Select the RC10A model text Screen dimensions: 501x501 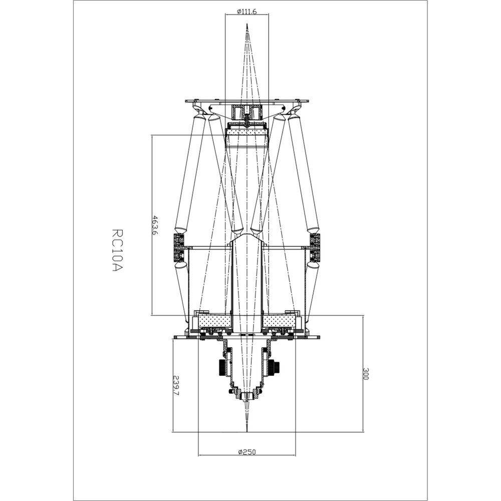pyautogui.click(x=117, y=250)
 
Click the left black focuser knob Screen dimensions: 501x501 pyautogui.click(x=221, y=368)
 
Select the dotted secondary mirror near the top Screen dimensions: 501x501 pyautogui.click(x=246, y=132)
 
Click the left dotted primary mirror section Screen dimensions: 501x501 pyautogui.click(x=214, y=320)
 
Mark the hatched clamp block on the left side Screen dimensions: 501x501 pyautogui.click(x=178, y=247)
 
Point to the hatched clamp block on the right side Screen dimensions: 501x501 pyautogui.click(x=315, y=247)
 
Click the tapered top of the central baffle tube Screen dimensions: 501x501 pyautogui.click(x=246, y=239)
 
